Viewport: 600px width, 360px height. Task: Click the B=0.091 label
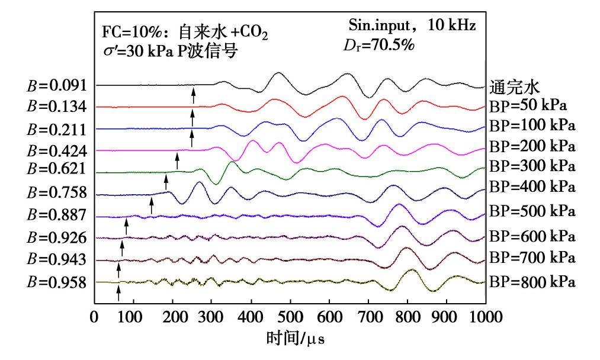pos(58,85)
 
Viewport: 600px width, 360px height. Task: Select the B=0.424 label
pos(58,151)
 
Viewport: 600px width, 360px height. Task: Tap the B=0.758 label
pos(58,193)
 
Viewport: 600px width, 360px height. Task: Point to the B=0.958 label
pos(58,282)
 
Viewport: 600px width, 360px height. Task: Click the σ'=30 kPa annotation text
pos(137,52)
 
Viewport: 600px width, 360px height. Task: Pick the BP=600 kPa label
pos(532,236)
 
